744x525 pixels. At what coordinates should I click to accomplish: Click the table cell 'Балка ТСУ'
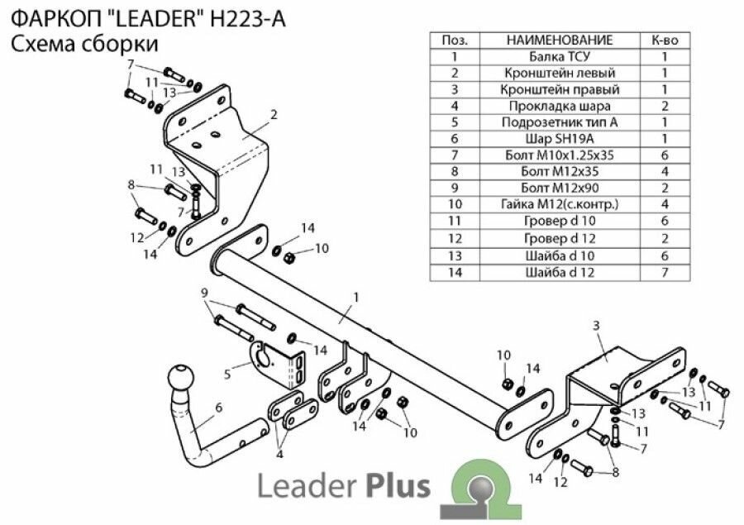(560, 57)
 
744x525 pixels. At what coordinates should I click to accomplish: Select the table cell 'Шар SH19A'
(560, 138)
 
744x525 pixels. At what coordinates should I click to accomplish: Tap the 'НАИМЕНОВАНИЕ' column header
(560, 40)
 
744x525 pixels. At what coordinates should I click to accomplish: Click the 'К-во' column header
(665, 40)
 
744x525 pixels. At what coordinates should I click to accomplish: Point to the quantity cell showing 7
(665, 271)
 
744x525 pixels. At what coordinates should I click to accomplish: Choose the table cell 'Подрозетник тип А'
(560, 122)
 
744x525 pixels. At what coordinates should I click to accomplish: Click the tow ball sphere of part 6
(181, 380)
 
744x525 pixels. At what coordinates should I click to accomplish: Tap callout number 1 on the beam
(355, 296)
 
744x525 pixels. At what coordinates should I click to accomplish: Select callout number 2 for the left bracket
(273, 114)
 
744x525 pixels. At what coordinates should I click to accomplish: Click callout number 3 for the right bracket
(596, 327)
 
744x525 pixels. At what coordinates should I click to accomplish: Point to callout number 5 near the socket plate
(227, 373)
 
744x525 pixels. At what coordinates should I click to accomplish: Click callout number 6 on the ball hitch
(218, 407)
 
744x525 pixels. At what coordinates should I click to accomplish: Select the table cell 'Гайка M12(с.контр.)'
(560, 204)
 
